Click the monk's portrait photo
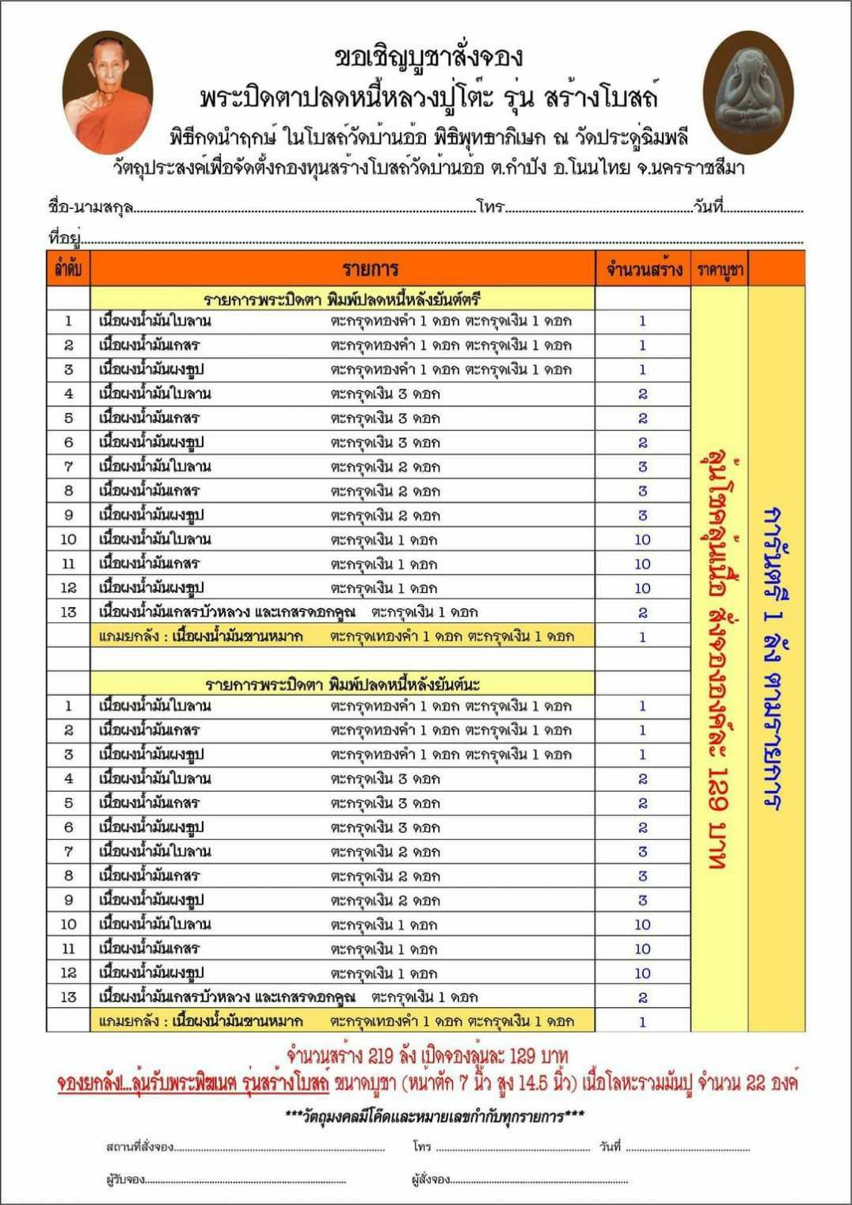tap(108, 93)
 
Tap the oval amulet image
tap(747, 93)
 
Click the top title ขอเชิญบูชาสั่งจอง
tap(428, 57)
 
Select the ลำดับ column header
tap(68, 269)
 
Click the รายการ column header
tap(370, 269)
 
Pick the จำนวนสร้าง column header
tap(644, 269)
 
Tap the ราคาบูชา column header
tap(720, 269)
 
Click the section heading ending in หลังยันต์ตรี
tap(342, 298)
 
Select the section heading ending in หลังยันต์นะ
tap(342, 684)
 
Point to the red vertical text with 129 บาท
tap(719, 661)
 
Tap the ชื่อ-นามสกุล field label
tap(90, 207)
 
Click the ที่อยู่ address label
tap(64, 237)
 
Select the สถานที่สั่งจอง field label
tap(139, 1146)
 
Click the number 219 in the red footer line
tap(381, 1055)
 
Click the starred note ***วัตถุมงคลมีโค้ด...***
tap(435, 1116)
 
